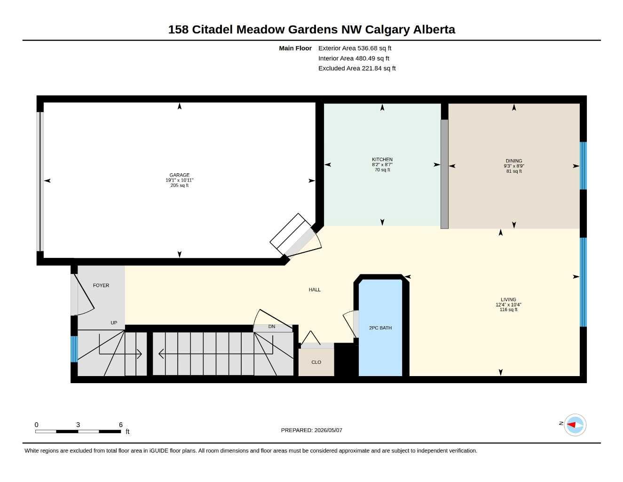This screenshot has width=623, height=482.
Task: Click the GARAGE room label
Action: (x=180, y=175)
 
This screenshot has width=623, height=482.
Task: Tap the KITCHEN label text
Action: (x=382, y=160)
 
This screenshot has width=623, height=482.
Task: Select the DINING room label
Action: (x=514, y=161)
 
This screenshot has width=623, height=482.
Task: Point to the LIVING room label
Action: (x=508, y=299)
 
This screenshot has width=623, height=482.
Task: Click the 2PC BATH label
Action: (x=380, y=328)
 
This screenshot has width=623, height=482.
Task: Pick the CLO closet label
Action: (x=316, y=362)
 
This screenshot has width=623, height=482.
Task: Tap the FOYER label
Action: (x=101, y=285)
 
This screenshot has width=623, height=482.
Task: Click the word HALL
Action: (x=315, y=290)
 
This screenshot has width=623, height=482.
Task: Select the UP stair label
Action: (x=114, y=323)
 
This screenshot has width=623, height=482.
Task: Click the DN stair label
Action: (x=271, y=327)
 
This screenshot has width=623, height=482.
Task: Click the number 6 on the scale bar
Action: (x=121, y=425)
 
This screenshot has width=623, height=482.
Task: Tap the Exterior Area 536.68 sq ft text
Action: (x=355, y=48)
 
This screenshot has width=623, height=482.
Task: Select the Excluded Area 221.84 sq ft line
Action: (x=357, y=68)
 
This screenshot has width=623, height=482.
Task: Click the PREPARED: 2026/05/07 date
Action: (x=312, y=430)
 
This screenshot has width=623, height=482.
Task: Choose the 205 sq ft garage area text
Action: (x=180, y=185)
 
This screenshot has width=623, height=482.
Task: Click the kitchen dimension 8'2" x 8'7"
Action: (x=382, y=165)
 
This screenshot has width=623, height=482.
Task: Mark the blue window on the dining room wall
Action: (x=583, y=166)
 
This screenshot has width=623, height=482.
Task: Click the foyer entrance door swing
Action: (x=83, y=295)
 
